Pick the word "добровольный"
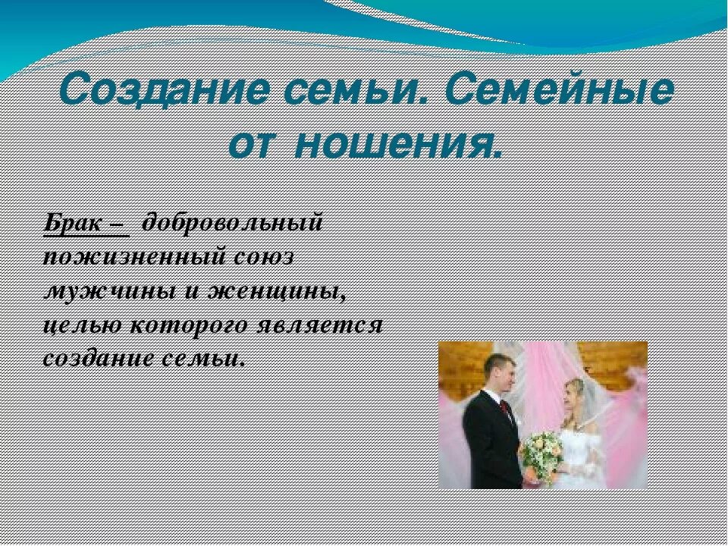tap(233, 224)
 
